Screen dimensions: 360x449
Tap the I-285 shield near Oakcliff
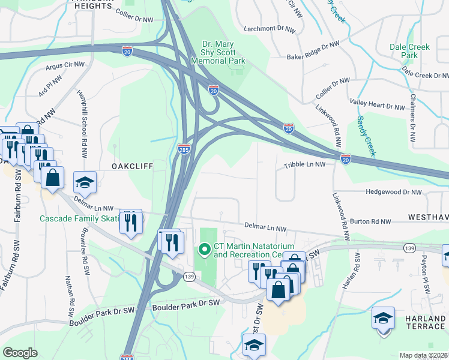point(184,148)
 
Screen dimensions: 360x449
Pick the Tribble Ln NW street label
point(304,164)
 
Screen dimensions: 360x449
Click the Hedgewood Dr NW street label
point(393,192)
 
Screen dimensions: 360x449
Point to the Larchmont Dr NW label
point(270,29)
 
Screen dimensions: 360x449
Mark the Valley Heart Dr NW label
point(378,106)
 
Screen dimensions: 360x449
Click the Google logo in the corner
point(20,353)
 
